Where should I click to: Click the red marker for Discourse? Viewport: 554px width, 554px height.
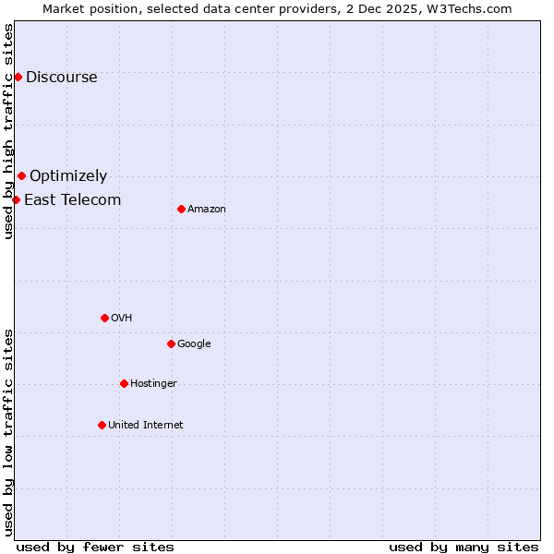tap(18, 77)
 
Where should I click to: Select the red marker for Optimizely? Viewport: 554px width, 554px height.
tap(21, 175)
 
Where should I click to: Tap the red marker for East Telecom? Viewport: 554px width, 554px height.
tap(16, 199)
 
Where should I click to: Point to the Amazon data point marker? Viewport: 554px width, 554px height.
tap(181, 209)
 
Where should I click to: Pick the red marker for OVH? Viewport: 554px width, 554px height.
tap(104, 318)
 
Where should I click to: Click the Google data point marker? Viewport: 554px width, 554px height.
tap(171, 343)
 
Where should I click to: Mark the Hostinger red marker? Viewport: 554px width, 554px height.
tap(124, 383)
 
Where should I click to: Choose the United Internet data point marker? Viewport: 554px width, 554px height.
tap(102, 425)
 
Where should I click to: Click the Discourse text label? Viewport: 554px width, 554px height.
tap(61, 77)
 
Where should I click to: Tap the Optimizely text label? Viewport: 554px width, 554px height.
tap(68, 175)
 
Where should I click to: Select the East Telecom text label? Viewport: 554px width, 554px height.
tap(72, 199)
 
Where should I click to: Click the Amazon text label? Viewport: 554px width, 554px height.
tap(207, 210)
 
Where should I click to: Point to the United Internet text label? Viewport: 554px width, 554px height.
tap(145, 425)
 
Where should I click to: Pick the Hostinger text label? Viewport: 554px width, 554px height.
tap(153, 383)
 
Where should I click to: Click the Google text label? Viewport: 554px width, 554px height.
tap(194, 343)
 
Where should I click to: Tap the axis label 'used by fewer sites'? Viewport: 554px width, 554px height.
tap(95, 547)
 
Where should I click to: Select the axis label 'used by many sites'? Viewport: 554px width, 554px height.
tap(464, 547)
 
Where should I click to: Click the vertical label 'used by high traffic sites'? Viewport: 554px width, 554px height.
tap(8, 131)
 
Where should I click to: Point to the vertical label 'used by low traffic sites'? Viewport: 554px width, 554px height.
tap(8, 431)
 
